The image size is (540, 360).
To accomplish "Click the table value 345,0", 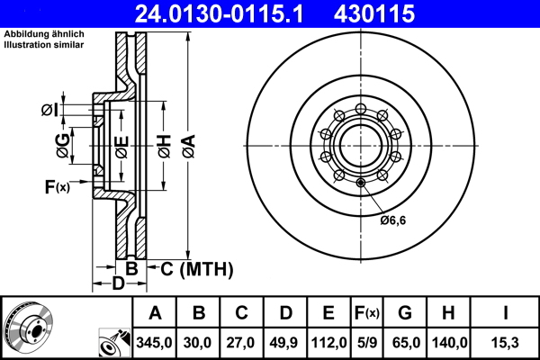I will tap(154, 342).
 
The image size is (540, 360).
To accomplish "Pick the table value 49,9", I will tap(285, 342).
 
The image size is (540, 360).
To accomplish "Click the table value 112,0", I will tap(329, 342).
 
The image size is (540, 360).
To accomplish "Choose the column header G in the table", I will tap(405, 314).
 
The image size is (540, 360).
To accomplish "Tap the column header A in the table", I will tap(154, 314).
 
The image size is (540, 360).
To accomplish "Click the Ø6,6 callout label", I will tap(393, 220).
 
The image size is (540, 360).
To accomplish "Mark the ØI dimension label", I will tap(50, 111).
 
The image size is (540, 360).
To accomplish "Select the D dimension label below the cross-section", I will tap(117, 285).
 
